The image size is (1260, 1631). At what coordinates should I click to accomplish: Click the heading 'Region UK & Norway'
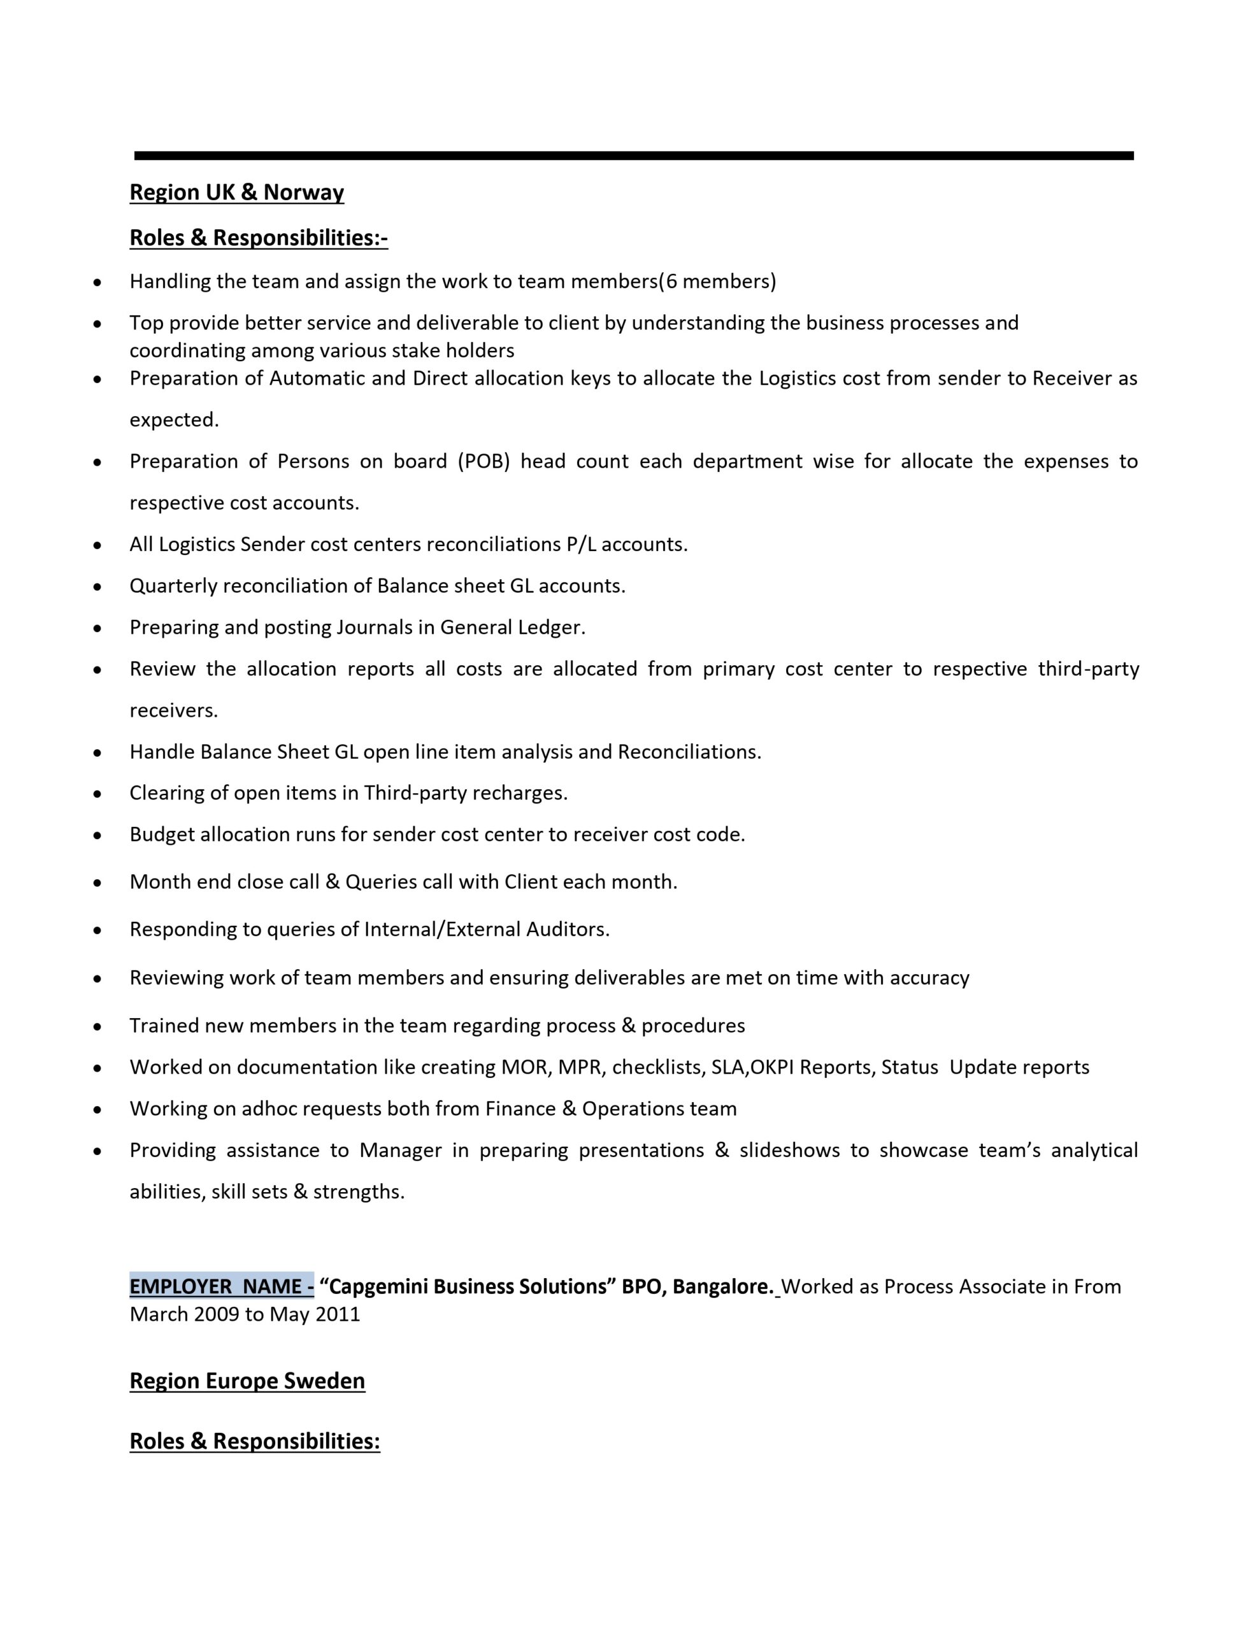[x=237, y=192]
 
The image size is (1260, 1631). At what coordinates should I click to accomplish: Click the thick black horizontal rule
[x=633, y=155]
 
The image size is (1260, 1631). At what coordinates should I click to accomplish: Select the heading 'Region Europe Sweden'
[x=247, y=1381]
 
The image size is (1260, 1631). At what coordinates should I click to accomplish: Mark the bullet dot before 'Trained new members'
[x=97, y=1027]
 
